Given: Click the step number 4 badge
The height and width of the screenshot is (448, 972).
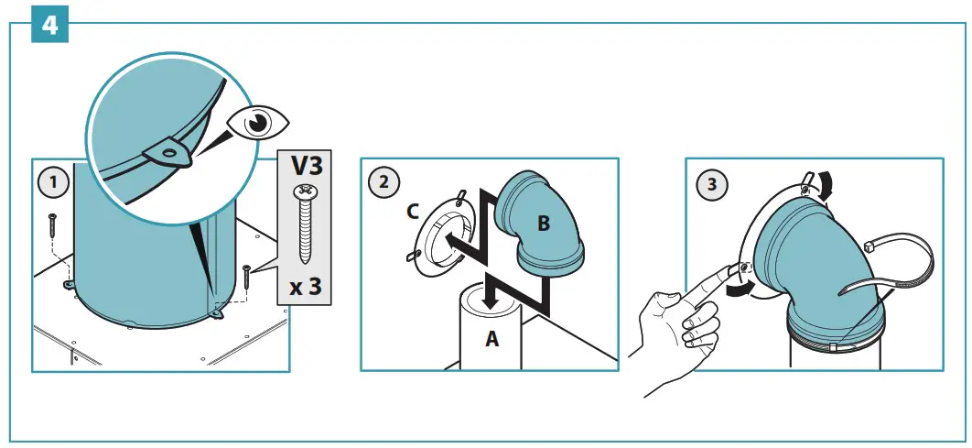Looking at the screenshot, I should [x=49, y=25].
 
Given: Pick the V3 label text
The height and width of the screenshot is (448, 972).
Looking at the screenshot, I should [x=305, y=167].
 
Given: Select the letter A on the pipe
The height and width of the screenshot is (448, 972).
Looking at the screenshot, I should [x=491, y=339].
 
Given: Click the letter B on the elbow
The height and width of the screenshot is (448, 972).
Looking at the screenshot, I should [x=543, y=222].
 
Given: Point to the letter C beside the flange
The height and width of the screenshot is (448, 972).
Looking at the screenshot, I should [x=413, y=212].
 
